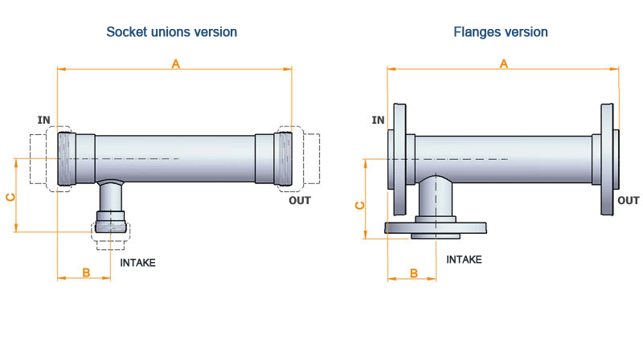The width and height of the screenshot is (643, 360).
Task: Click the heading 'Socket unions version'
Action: [x=171, y=32]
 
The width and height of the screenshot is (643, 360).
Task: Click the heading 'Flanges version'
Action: [x=501, y=32]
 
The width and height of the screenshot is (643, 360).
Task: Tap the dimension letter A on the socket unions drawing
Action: [x=175, y=63]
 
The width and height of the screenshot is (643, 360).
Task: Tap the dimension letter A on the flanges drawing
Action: [x=504, y=63]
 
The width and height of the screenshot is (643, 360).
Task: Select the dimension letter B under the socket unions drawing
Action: [x=86, y=272]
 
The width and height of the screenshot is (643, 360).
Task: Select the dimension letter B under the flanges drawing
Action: [x=414, y=272]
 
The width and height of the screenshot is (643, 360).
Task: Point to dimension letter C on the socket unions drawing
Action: [x=10, y=197]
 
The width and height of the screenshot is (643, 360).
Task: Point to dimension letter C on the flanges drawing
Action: [x=360, y=205]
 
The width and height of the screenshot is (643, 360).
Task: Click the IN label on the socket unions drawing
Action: [x=44, y=120]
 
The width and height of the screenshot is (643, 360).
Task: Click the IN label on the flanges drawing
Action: [x=378, y=120]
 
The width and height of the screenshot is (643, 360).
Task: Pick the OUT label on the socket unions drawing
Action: [x=299, y=200]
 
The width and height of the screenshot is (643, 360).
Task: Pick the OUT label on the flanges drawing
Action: [x=628, y=200]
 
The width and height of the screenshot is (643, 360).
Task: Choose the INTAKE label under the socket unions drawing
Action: [x=137, y=262]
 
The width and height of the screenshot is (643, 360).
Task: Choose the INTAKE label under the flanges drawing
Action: [x=464, y=260]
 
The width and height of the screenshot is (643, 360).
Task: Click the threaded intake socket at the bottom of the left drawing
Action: [x=110, y=222]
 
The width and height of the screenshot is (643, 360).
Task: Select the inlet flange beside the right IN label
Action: [x=398, y=158]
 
